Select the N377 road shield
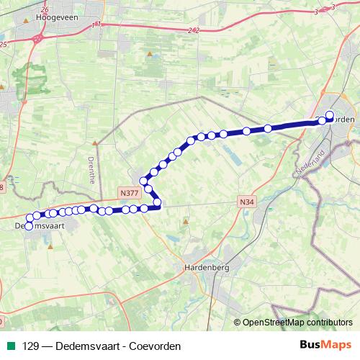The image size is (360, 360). (129, 193)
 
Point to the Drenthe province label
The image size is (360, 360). (91, 171)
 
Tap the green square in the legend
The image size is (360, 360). (11, 346)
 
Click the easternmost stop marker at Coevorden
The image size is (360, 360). (330, 114)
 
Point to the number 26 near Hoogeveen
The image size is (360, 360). (45, 9)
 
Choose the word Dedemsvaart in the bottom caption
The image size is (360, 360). (81, 346)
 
